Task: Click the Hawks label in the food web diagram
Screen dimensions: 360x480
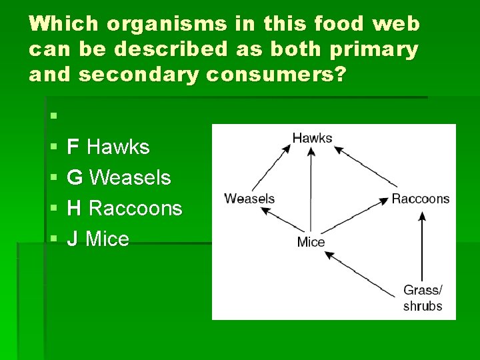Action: [312, 138]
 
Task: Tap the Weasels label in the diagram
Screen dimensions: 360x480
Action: [249, 199]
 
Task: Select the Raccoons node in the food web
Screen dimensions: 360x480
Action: [420, 199]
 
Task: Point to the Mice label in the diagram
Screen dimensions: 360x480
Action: [311, 241]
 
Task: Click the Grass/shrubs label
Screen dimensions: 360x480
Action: [422, 298]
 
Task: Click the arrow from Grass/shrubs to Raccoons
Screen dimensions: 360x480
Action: [421, 247]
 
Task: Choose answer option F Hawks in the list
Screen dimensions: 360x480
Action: [109, 147]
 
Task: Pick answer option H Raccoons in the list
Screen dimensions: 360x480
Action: [125, 208]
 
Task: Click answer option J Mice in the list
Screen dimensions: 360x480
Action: [98, 239]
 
